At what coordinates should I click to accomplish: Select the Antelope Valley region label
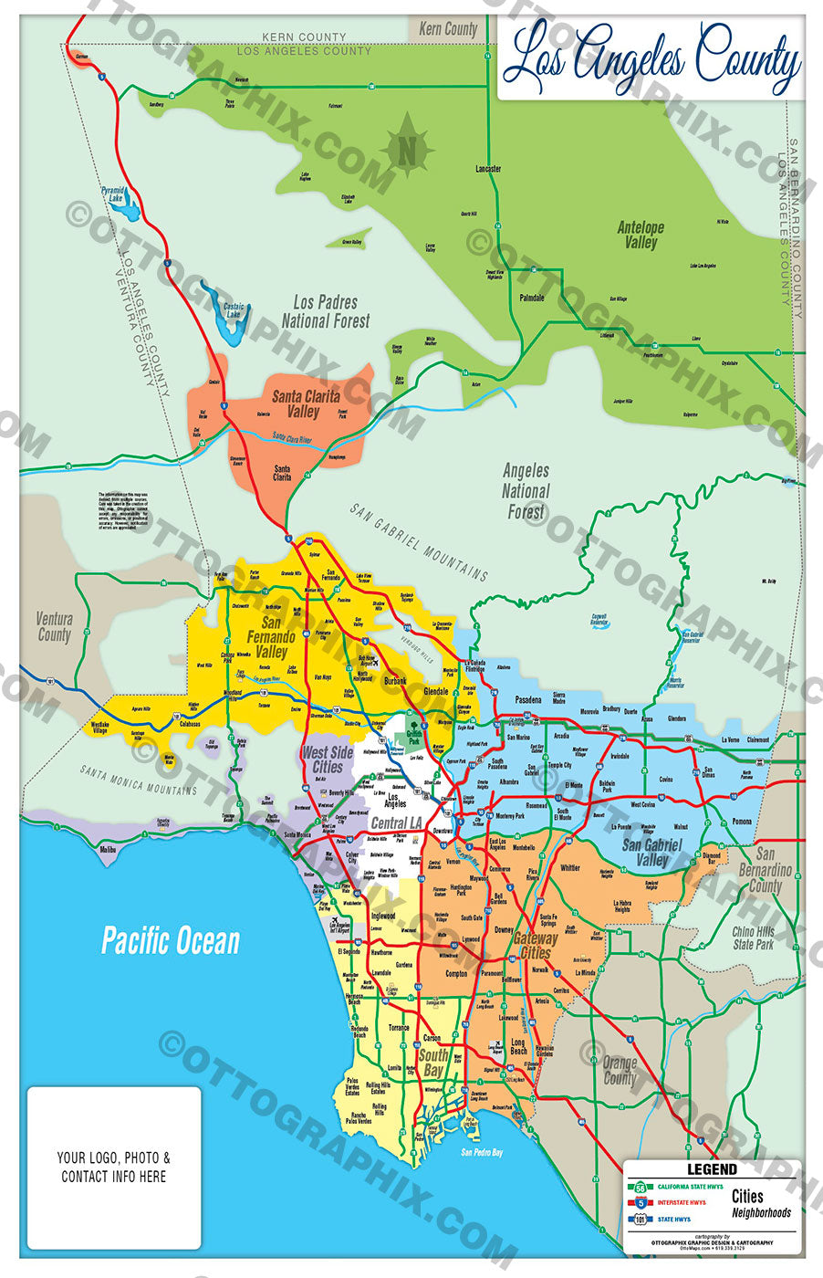coord(641,235)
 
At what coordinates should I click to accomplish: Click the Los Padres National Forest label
coord(326,311)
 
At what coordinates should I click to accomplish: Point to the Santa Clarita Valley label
coord(305,403)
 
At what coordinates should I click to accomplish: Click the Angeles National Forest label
coord(526,490)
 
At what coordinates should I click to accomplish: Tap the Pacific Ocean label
coord(171,941)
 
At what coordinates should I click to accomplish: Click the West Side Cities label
coord(328,759)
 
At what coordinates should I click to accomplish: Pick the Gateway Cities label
coord(535,945)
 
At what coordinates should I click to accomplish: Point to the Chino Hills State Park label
coord(754,938)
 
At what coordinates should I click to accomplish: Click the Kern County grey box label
coord(448,29)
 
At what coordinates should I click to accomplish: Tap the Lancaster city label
coord(488,169)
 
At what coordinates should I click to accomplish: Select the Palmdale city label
coord(531,298)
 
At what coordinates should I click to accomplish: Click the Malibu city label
coord(108,849)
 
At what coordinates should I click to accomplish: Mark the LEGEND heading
coord(712,1168)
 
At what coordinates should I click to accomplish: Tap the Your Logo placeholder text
coord(114,1167)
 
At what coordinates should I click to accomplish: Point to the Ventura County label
coord(54,626)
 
